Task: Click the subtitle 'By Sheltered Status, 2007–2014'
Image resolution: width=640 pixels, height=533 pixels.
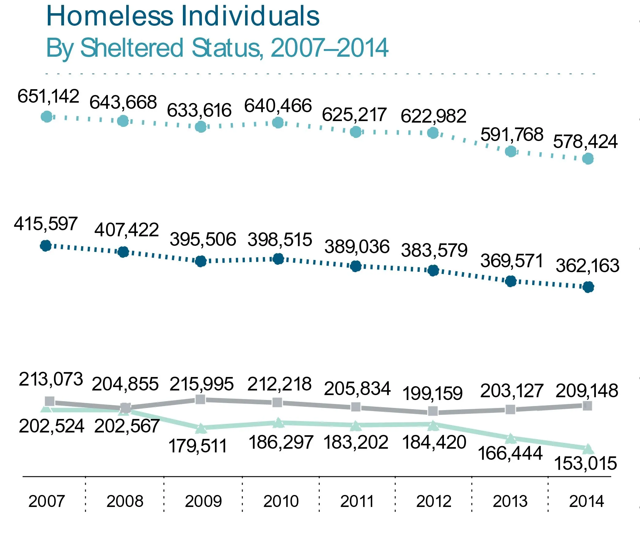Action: point(217,48)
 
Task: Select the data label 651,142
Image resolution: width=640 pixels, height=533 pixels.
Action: point(48,96)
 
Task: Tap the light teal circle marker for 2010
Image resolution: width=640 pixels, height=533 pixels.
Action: point(278,123)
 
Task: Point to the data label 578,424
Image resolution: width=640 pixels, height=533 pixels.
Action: point(585,142)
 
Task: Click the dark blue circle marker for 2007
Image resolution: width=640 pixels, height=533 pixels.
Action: point(46,246)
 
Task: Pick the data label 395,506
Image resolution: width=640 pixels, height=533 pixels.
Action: point(203,239)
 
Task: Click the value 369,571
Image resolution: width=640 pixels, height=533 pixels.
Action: point(512,261)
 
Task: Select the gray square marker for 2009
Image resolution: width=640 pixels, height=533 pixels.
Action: point(200,399)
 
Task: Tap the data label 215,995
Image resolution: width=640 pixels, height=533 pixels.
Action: point(202,384)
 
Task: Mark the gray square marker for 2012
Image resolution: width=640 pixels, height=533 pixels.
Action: point(433,411)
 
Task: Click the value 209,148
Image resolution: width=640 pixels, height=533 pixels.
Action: point(587,391)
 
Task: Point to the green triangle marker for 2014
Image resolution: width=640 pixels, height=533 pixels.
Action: point(588,449)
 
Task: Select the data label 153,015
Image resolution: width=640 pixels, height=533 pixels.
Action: point(585,463)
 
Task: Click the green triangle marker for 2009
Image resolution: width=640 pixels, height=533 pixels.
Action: point(201,428)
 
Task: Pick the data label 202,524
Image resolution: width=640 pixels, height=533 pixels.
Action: point(51,426)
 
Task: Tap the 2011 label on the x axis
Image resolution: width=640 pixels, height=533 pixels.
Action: point(357,501)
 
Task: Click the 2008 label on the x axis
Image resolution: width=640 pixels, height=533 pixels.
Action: point(125,501)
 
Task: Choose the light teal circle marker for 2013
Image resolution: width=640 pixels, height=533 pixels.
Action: point(511,151)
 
